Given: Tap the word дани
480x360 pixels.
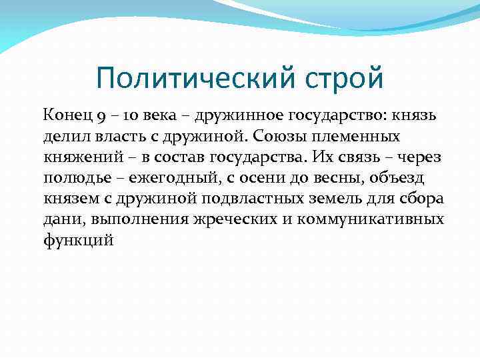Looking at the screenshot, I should [59, 219].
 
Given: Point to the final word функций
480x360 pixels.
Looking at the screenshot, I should [79, 240].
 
